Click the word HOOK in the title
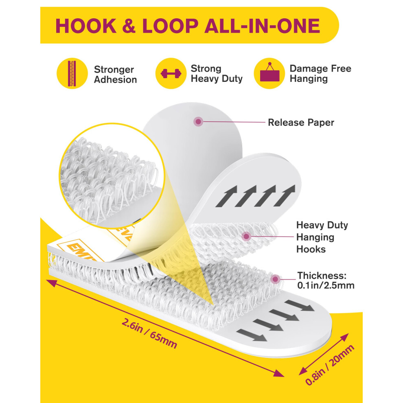tap(86, 26)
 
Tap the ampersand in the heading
tap(129, 26)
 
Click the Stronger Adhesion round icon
tap(72, 73)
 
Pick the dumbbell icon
tap(171, 73)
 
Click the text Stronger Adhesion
tap(115, 74)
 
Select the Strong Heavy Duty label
tap(217, 74)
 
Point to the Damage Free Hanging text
tap(320, 74)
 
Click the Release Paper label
tap(301, 123)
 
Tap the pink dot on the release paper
tap(198, 122)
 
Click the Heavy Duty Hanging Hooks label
tap(322, 237)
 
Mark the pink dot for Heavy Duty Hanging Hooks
tap(246, 236)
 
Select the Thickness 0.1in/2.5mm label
tap(326, 280)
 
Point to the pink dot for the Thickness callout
tap(275, 279)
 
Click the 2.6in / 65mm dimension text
tap(149, 333)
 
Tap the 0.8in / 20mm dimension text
tap(330, 365)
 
